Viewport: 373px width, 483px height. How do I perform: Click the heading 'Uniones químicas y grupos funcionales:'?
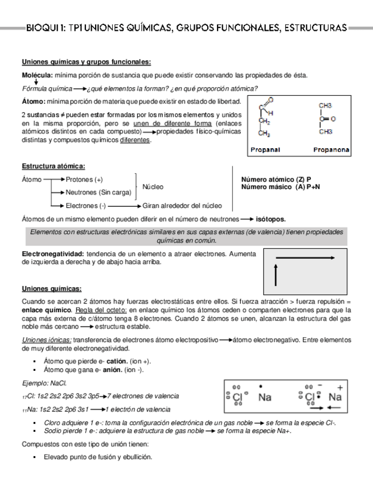[86, 62]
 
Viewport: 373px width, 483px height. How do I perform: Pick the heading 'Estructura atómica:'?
[53, 166]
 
